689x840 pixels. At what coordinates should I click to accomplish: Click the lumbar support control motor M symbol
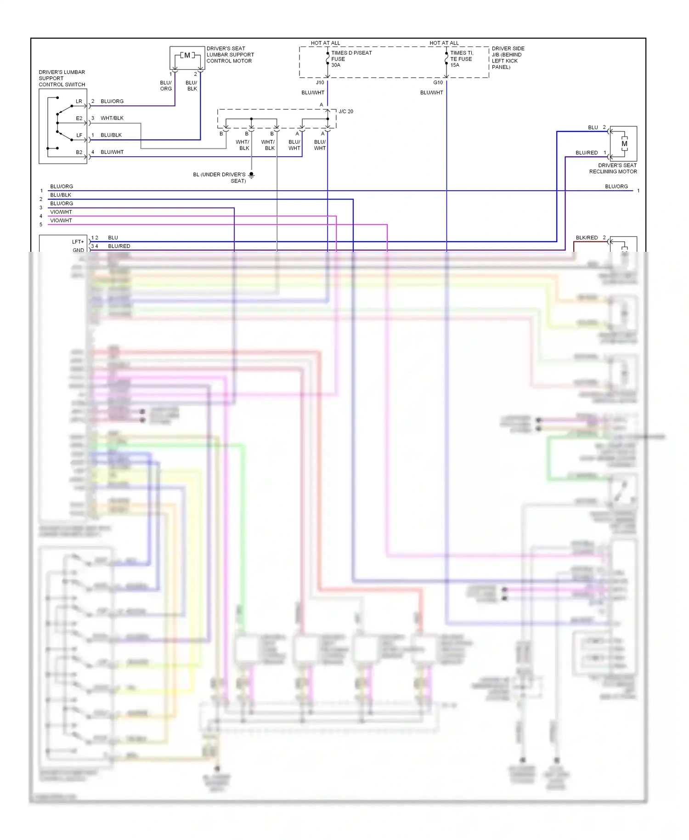pyautogui.click(x=187, y=56)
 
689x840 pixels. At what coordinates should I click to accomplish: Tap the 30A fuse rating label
pyautogui.click(x=336, y=65)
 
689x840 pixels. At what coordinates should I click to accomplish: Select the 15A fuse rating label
pyautogui.click(x=455, y=65)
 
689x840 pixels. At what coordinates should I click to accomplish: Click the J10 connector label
pyautogui.click(x=320, y=83)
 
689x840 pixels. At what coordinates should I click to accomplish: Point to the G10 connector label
pyautogui.click(x=438, y=83)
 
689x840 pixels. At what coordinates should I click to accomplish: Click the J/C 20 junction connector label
pyautogui.click(x=346, y=112)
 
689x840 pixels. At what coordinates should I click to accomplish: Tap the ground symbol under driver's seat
pyautogui.click(x=251, y=175)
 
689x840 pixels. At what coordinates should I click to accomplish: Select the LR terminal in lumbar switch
pyautogui.click(x=79, y=102)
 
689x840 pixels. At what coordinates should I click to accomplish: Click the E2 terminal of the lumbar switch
pyautogui.click(x=79, y=119)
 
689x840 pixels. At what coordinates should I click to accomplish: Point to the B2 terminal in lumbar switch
pyautogui.click(x=79, y=153)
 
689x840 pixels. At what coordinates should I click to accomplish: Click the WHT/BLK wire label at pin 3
pyautogui.click(x=112, y=119)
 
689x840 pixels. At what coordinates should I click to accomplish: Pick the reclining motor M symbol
pyautogui.click(x=624, y=144)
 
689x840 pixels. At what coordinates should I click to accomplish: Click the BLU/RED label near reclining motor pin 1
pyautogui.click(x=587, y=153)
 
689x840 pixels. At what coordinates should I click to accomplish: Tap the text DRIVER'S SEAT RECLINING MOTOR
pyautogui.click(x=614, y=169)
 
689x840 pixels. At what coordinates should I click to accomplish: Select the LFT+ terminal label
pyautogui.click(x=78, y=242)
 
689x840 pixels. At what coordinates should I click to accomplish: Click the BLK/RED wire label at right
pyautogui.click(x=587, y=238)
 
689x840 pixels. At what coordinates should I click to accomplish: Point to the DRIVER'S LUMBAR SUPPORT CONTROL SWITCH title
pyautogui.click(x=62, y=79)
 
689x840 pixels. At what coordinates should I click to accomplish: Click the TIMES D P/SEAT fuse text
pyautogui.click(x=351, y=53)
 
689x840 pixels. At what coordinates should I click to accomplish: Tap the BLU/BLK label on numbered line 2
pyautogui.click(x=61, y=195)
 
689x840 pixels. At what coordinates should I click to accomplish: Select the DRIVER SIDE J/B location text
pyautogui.click(x=507, y=58)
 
